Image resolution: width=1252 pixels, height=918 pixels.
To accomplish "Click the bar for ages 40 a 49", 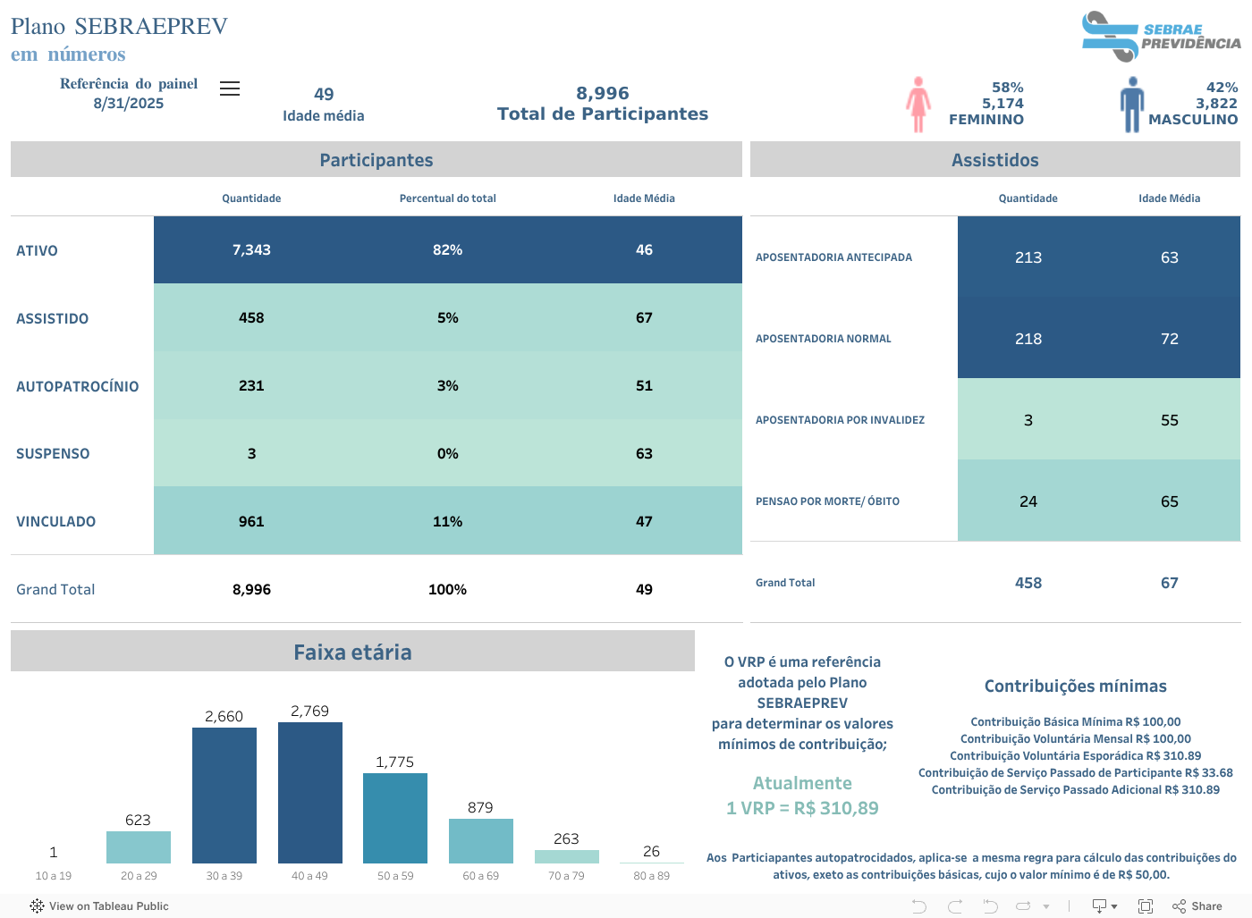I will click(x=309, y=792).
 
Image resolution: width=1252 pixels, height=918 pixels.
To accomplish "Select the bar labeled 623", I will click(x=138, y=846).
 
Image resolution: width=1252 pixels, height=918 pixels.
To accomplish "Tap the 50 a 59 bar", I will click(x=394, y=818).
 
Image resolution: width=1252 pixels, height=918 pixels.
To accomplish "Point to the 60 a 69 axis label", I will click(x=480, y=876).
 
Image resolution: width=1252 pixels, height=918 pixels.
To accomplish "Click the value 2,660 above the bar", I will click(x=224, y=716).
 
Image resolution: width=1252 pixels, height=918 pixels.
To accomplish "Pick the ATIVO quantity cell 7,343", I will click(x=251, y=250).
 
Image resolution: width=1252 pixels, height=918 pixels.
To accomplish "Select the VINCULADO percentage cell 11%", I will click(x=447, y=521).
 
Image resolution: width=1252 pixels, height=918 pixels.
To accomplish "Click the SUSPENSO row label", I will click(x=53, y=454).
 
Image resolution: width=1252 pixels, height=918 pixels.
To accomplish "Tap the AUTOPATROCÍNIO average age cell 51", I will click(x=644, y=386).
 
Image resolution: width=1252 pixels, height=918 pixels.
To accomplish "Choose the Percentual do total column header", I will click(x=447, y=198).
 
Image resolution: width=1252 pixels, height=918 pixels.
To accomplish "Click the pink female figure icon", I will click(x=918, y=105).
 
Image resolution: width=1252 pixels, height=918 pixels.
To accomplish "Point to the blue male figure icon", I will click(x=1132, y=105).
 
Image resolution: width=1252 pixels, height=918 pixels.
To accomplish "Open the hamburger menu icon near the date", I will click(x=230, y=88).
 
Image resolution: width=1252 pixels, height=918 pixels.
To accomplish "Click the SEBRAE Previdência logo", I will click(x=1160, y=37).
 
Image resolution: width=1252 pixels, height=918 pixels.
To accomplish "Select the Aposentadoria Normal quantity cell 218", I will click(x=1028, y=339).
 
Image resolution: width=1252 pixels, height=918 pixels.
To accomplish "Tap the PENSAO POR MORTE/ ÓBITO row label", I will click(x=827, y=501).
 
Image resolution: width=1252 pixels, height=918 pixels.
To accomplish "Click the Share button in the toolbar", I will click(x=1197, y=905).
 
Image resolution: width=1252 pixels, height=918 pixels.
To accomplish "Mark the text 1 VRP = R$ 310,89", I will click(x=802, y=808).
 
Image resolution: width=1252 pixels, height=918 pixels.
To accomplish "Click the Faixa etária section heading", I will click(x=352, y=652).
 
